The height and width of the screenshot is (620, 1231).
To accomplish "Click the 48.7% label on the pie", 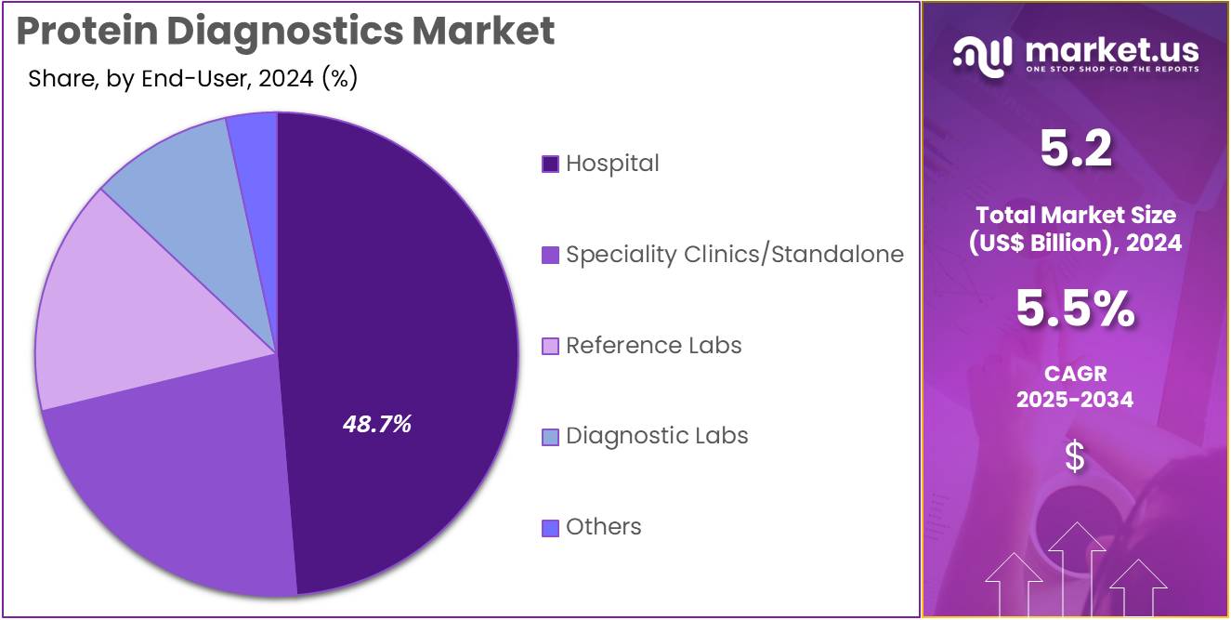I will (376, 425).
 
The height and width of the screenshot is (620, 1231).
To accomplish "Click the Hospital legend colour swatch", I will (550, 165).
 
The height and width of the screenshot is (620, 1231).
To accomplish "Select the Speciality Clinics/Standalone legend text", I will (734, 255).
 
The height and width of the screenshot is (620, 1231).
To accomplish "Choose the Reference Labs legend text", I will (653, 346).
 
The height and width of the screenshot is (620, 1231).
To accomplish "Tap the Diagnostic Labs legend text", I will (657, 436).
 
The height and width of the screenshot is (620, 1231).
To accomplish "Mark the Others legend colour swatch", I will (550, 528).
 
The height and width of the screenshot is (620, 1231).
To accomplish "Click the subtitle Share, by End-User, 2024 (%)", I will (192, 79).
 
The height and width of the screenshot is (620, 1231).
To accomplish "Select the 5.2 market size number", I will (1075, 150).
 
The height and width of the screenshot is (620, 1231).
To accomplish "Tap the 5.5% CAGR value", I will (1075, 310).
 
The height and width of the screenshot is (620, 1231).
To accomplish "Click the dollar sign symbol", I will (1075, 457).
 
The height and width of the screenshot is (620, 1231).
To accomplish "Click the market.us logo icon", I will (981, 55).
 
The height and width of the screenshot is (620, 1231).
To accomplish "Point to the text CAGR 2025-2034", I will (1075, 387).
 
